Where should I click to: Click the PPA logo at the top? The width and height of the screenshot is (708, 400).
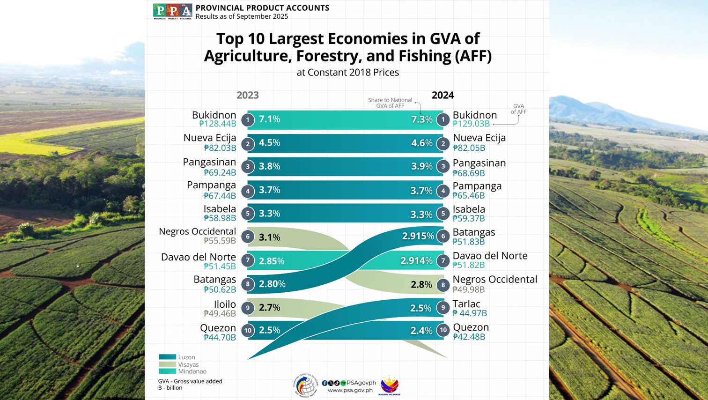172,11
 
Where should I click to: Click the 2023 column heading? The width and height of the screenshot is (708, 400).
247,95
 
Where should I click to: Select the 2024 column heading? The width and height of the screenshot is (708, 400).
442,95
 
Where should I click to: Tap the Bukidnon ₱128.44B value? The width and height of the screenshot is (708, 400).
217,124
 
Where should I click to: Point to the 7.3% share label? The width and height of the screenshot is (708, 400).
421,119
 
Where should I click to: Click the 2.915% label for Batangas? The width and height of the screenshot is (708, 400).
418,236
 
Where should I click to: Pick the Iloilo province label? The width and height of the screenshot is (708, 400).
225,304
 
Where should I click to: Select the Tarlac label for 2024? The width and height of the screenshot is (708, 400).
466,304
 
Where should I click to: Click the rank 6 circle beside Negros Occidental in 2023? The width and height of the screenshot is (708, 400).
248,237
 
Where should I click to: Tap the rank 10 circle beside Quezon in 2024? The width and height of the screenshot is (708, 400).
443,330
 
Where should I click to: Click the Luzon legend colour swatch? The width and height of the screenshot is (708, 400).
167,357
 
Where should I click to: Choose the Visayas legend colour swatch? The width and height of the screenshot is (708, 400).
167,364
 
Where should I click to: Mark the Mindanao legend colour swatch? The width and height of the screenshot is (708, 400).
167,371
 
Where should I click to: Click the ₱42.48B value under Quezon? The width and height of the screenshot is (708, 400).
469,337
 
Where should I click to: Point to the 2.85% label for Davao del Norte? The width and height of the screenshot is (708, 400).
272,261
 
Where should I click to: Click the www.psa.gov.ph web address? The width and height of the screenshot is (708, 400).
350,390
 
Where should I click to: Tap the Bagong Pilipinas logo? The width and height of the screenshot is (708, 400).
390,385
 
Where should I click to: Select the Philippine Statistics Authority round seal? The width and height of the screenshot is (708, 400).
306,385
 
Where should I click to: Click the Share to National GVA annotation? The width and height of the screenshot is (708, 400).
390,103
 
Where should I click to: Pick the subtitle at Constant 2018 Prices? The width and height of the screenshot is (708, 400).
347,73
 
